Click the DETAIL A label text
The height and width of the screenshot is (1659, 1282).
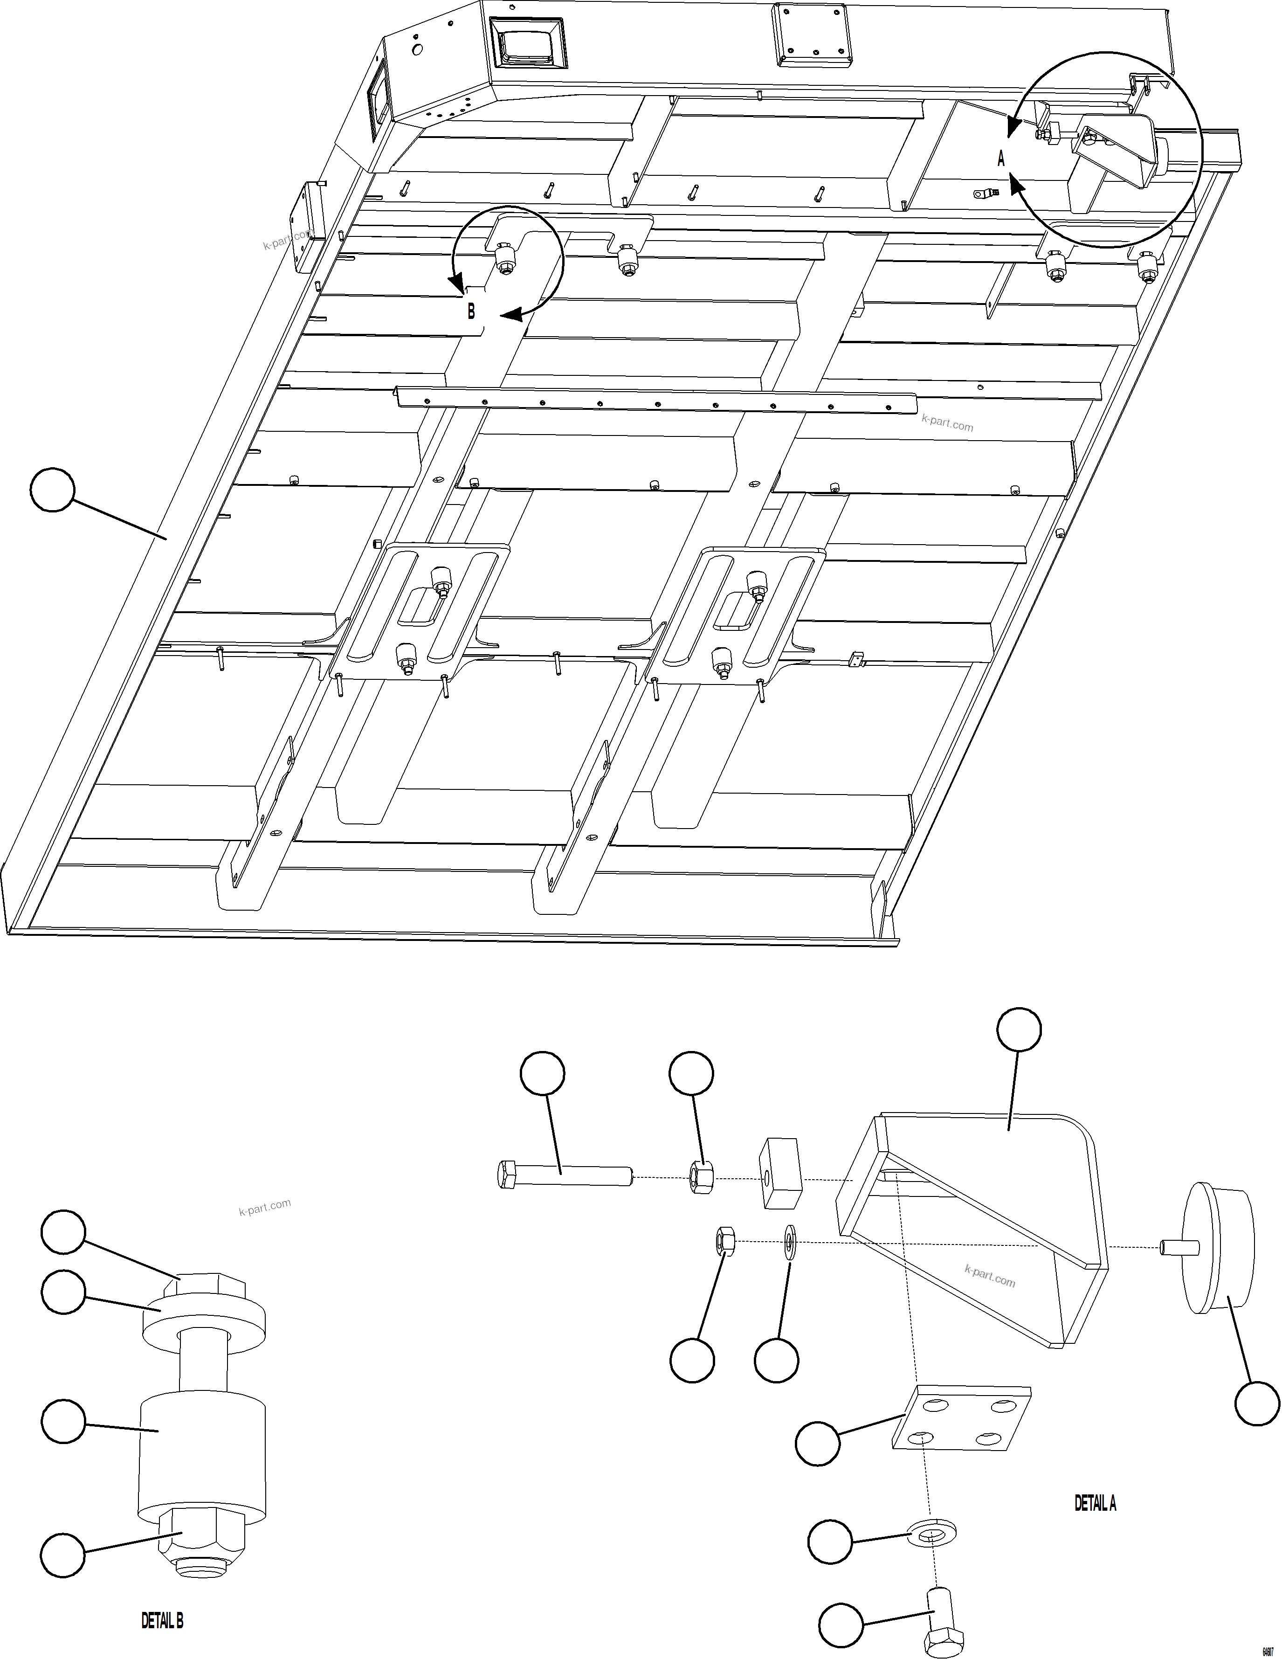[x=1095, y=1502]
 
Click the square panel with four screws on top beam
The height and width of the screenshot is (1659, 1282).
[x=810, y=34]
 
